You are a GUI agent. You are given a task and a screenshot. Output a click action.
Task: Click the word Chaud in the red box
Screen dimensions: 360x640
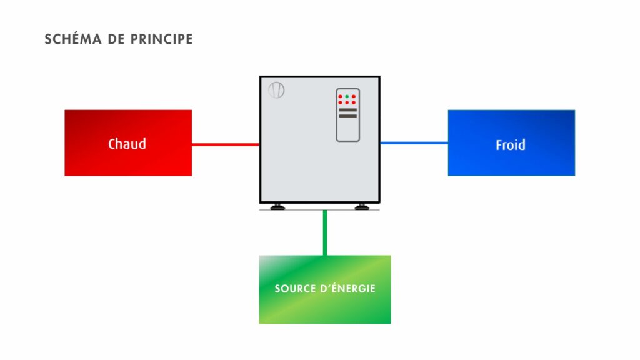click(x=127, y=144)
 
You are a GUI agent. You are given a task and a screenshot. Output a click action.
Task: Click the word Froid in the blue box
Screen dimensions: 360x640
click(x=510, y=145)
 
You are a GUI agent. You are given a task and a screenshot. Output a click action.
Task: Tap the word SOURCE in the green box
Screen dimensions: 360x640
click(x=294, y=289)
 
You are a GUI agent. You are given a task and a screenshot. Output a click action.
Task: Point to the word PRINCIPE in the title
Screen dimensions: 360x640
click(x=161, y=39)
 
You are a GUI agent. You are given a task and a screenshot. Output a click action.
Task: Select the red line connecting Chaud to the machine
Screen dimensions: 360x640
click(x=225, y=144)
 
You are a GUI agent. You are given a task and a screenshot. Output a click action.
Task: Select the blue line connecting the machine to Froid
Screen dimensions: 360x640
click(x=414, y=142)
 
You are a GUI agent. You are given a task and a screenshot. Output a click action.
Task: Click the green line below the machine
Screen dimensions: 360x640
click(x=325, y=232)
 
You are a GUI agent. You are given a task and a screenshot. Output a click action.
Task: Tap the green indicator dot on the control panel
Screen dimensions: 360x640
click(x=347, y=96)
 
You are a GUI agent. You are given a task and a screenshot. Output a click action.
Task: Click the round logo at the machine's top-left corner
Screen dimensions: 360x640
click(x=276, y=90)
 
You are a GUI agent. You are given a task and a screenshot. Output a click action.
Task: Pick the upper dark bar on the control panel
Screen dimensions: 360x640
click(x=348, y=110)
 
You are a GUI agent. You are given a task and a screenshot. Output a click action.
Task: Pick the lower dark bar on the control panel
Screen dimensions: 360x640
click(x=348, y=116)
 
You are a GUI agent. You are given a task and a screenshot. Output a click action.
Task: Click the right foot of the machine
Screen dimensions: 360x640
click(x=361, y=206)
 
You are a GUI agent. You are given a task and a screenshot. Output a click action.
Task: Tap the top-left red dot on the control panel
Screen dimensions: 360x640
click(x=340, y=96)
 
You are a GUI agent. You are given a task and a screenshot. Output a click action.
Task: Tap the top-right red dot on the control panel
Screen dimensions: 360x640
click(x=354, y=96)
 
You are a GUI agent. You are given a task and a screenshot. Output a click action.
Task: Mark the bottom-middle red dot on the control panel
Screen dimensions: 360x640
click(x=347, y=102)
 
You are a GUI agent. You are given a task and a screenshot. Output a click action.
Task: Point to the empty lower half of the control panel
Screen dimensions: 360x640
click(x=348, y=130)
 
